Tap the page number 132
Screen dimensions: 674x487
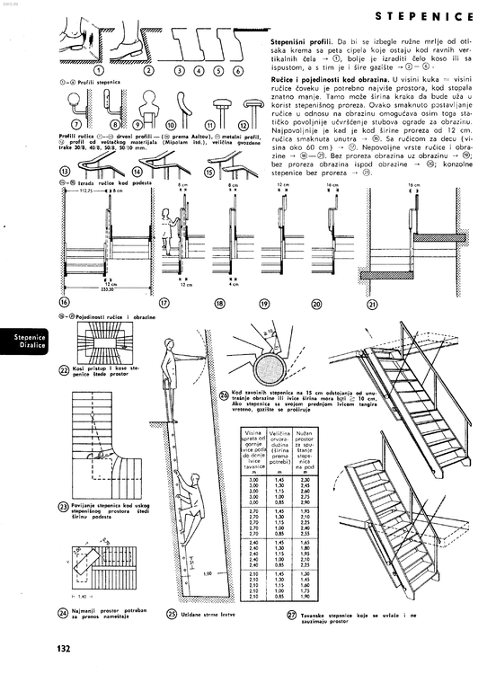[64, 649]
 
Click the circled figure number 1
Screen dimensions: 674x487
[100, 69]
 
